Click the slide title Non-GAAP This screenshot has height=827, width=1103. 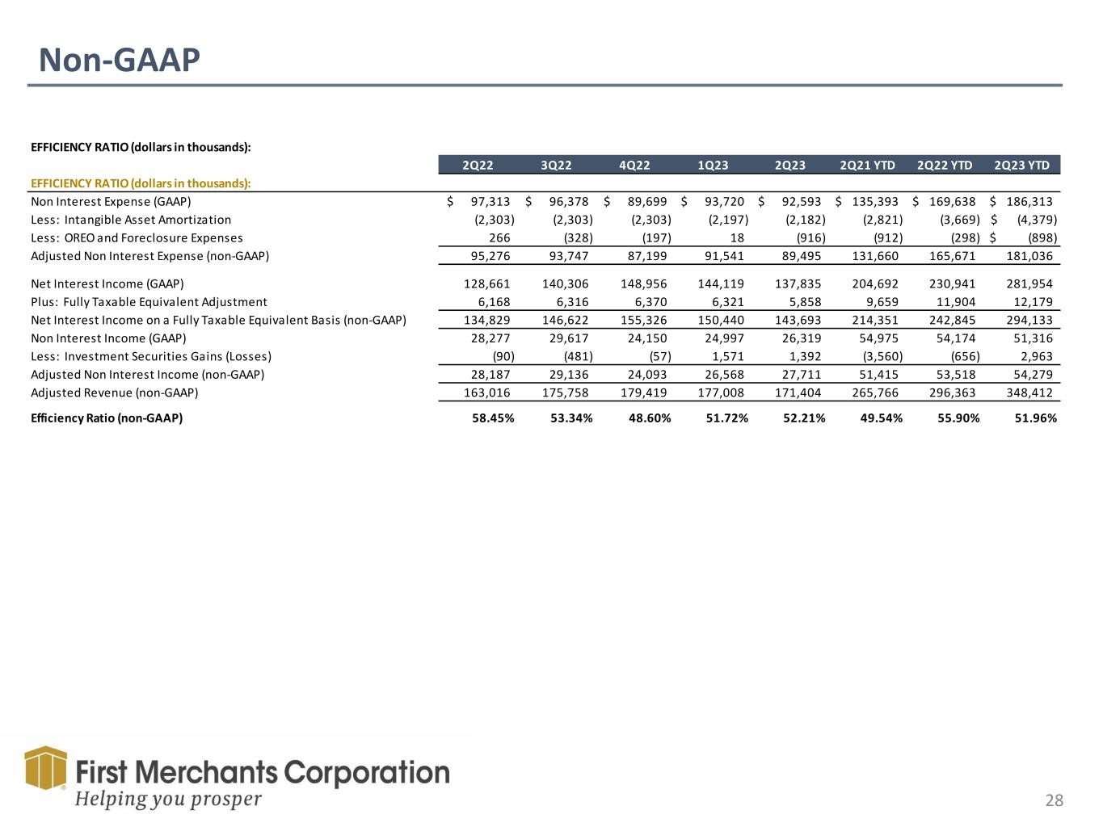(120, 60)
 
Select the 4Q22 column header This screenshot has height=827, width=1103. (634, 165)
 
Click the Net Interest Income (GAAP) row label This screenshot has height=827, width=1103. (107, 283)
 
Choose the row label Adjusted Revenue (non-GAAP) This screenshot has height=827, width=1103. (115, 393)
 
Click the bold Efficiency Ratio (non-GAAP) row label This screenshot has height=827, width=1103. (107, 418)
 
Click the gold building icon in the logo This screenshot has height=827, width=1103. (46, 766)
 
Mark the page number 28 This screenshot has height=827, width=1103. (1054, 800)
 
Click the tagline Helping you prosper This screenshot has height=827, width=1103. (168, 799)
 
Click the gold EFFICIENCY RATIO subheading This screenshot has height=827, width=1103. (141, 183)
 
